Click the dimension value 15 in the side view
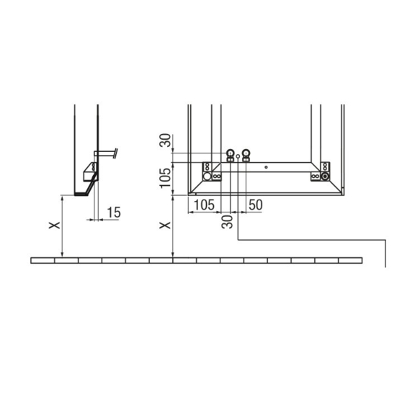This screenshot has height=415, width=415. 113,213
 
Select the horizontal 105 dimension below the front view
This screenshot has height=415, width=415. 205,205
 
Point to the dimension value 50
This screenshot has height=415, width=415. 255,205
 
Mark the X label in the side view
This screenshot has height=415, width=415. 53,226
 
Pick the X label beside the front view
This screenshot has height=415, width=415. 164,226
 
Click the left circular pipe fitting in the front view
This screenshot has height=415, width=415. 231,153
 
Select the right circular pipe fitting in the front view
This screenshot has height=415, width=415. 247,153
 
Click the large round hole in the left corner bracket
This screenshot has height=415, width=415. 207,176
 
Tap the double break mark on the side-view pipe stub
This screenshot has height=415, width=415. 115,153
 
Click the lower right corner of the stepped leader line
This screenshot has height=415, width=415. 387,239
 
